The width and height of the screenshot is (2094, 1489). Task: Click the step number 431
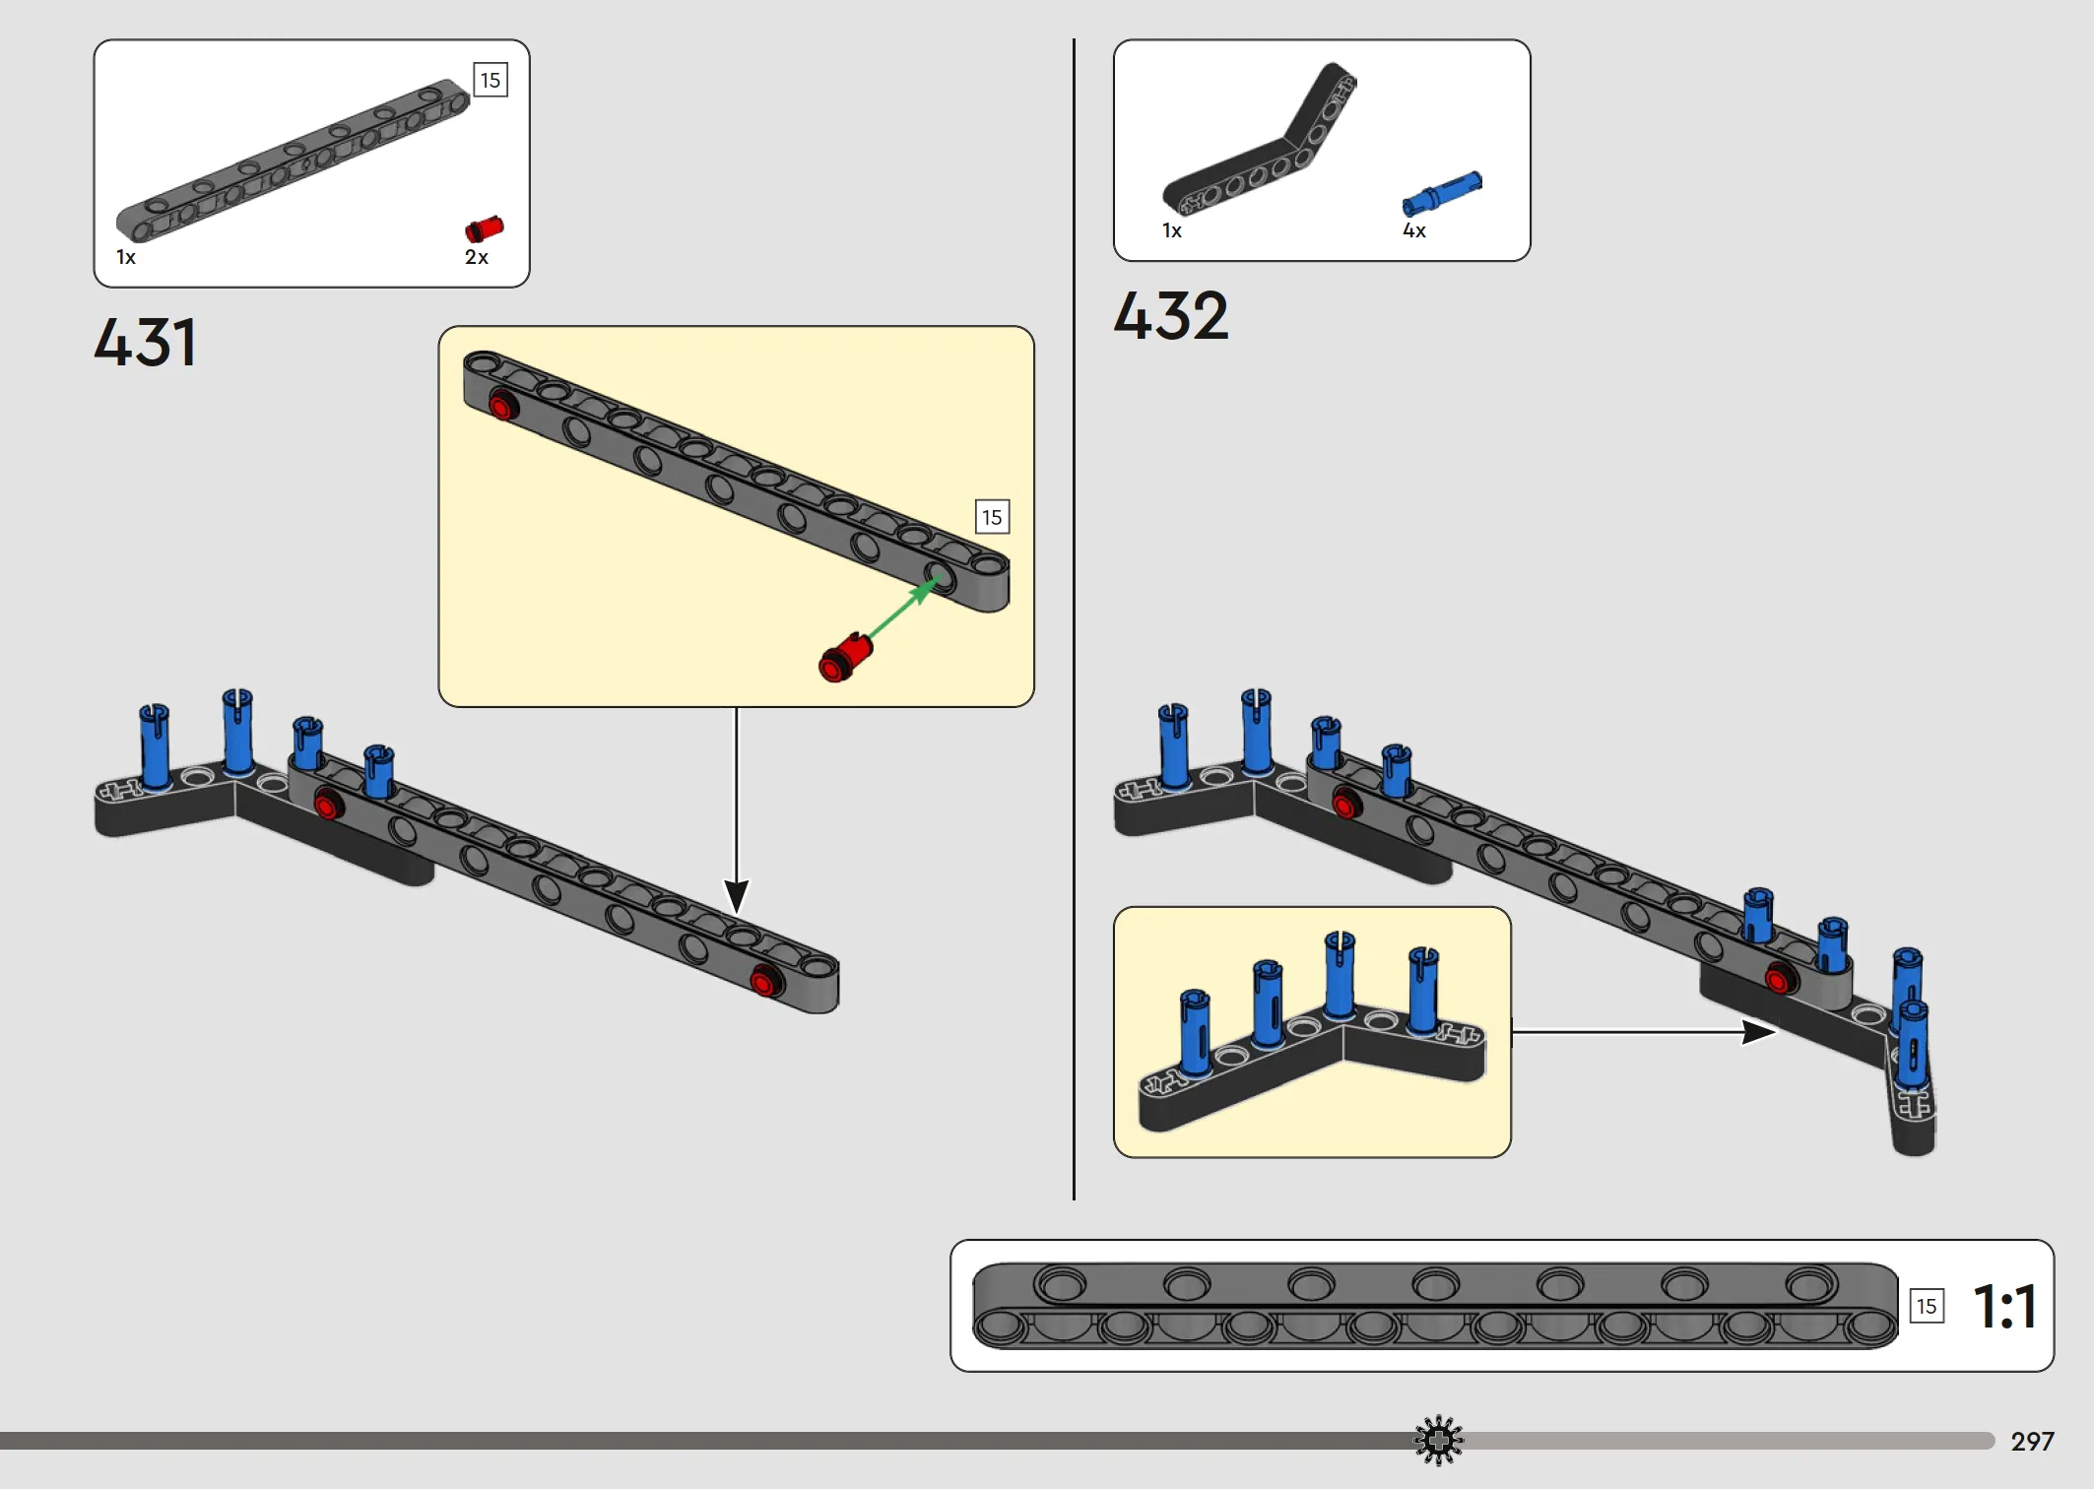coord(145,343)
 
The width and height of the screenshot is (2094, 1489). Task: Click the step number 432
coord(1171,316)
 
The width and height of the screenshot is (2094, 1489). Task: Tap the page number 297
coord(2032,1442)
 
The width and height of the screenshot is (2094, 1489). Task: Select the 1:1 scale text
coord(2004,1307)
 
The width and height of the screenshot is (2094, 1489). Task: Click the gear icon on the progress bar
coord(1439,1441)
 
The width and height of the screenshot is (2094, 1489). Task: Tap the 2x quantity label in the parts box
coord(477,257)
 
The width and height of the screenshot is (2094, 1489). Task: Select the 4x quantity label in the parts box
coord(1414,230)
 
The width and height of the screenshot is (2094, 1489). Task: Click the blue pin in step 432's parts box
coord(1442,192)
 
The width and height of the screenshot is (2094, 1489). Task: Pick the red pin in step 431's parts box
coord(484,229)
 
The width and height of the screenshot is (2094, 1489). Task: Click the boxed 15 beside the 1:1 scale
coord(1927,1307)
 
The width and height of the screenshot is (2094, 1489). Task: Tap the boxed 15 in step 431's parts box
coord(491,80)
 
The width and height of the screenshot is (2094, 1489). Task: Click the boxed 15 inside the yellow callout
coord(992,517)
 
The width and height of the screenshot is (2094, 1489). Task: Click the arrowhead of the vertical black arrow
coord(736,896)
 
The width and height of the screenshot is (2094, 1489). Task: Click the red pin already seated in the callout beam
coord(503,406)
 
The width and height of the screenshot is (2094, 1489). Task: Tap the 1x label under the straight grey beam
coord(126,257)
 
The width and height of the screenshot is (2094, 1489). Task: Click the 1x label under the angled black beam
coord(1172,230)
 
